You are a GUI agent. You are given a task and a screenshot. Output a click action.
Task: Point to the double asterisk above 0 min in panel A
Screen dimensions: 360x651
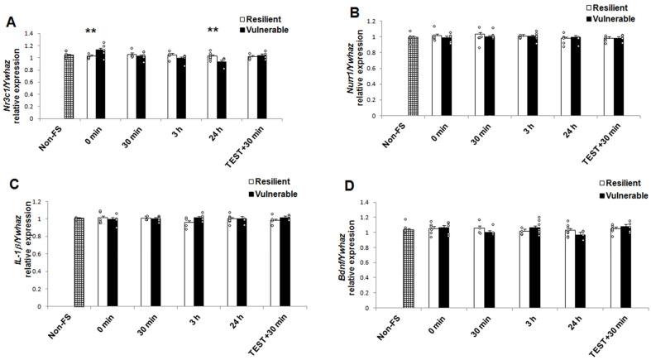[x=92, y=31]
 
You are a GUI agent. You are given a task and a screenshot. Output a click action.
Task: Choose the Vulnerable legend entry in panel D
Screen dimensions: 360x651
[x=620, y=195]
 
